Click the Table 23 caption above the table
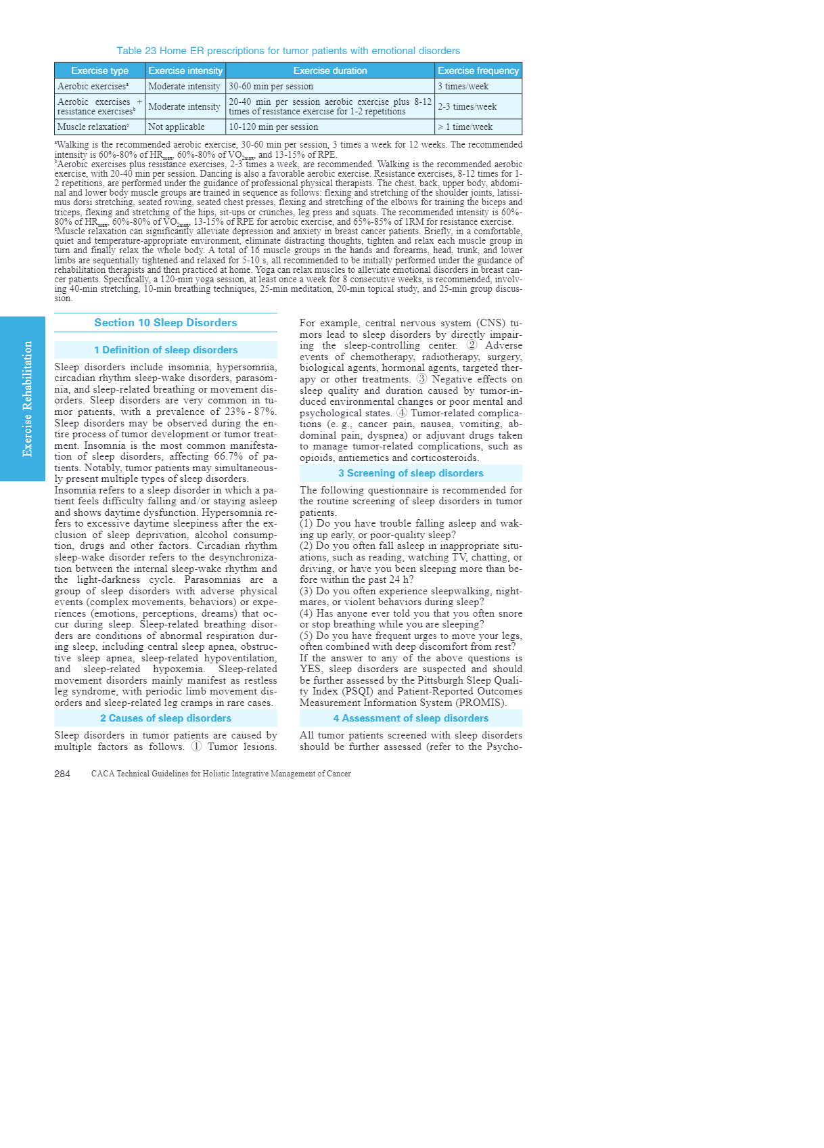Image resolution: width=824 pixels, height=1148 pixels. (288, 51)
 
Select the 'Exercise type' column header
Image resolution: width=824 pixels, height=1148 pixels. (99, 70)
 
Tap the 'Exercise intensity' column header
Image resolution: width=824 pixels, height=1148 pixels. (185, 70)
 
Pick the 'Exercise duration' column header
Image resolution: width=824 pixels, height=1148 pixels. (329, 70)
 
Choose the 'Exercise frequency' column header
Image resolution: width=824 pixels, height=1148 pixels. (478, 70)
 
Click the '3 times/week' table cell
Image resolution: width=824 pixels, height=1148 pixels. (463, 87)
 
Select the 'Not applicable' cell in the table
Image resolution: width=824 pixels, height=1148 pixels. (176, 127)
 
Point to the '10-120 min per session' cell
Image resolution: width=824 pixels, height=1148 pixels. (273, 127)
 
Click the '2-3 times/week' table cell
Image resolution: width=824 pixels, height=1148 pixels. (467, 107)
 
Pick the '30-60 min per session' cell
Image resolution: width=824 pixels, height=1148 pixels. (271, 87)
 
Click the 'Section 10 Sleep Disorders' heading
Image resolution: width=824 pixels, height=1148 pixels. (166, 323)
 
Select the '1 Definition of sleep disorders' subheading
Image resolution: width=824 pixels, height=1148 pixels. (166, 350)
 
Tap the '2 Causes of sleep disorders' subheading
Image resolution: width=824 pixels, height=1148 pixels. (166, 718)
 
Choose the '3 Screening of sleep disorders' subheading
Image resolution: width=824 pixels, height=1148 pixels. (411, 473)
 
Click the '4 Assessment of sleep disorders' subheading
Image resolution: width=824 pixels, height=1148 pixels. (411, 718)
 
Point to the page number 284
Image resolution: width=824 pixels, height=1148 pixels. (62, 774)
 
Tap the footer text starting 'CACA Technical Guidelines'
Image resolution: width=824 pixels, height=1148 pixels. (221, 774)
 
